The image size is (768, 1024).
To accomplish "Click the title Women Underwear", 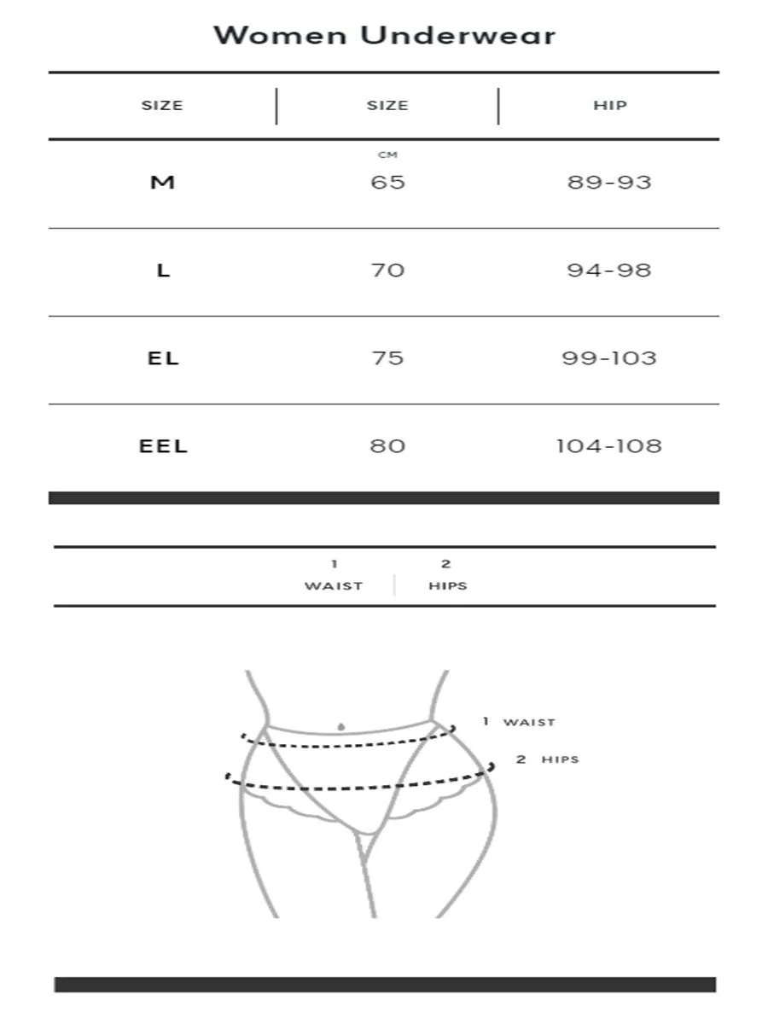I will [x=384, y=36].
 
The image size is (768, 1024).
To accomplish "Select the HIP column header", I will [x=609, y=106].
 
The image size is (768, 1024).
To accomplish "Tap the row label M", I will [x=162, y=182].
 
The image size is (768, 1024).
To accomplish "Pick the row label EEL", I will [x=163, y=445].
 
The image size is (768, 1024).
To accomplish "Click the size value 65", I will [x=387, y=182].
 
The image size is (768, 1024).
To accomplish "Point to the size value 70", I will [x=387, y=270].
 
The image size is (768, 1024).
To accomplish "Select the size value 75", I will [x=387, y=358].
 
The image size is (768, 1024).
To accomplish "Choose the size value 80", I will [x=387, y=445].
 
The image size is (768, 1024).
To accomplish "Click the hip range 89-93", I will [x=609, y=182].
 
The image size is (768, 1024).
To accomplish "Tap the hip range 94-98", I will [x=609, y=270].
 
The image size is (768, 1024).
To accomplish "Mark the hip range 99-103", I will [x=609, y=358].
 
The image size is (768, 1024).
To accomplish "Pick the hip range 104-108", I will [x=609, y=445].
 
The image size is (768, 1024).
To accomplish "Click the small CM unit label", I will [x=387, y=155].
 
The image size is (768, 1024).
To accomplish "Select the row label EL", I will [x=163, y=358].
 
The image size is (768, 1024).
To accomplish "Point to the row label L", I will [x=163, y=270].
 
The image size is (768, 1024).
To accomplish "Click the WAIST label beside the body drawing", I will [x=529, y=723].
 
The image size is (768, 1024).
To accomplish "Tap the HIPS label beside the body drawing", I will [x=560, y=759].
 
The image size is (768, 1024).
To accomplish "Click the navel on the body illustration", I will [x=341, y=726].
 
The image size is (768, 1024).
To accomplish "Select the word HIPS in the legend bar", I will [x=448, y=586].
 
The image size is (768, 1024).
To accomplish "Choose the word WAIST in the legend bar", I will [x=334, y=586].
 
